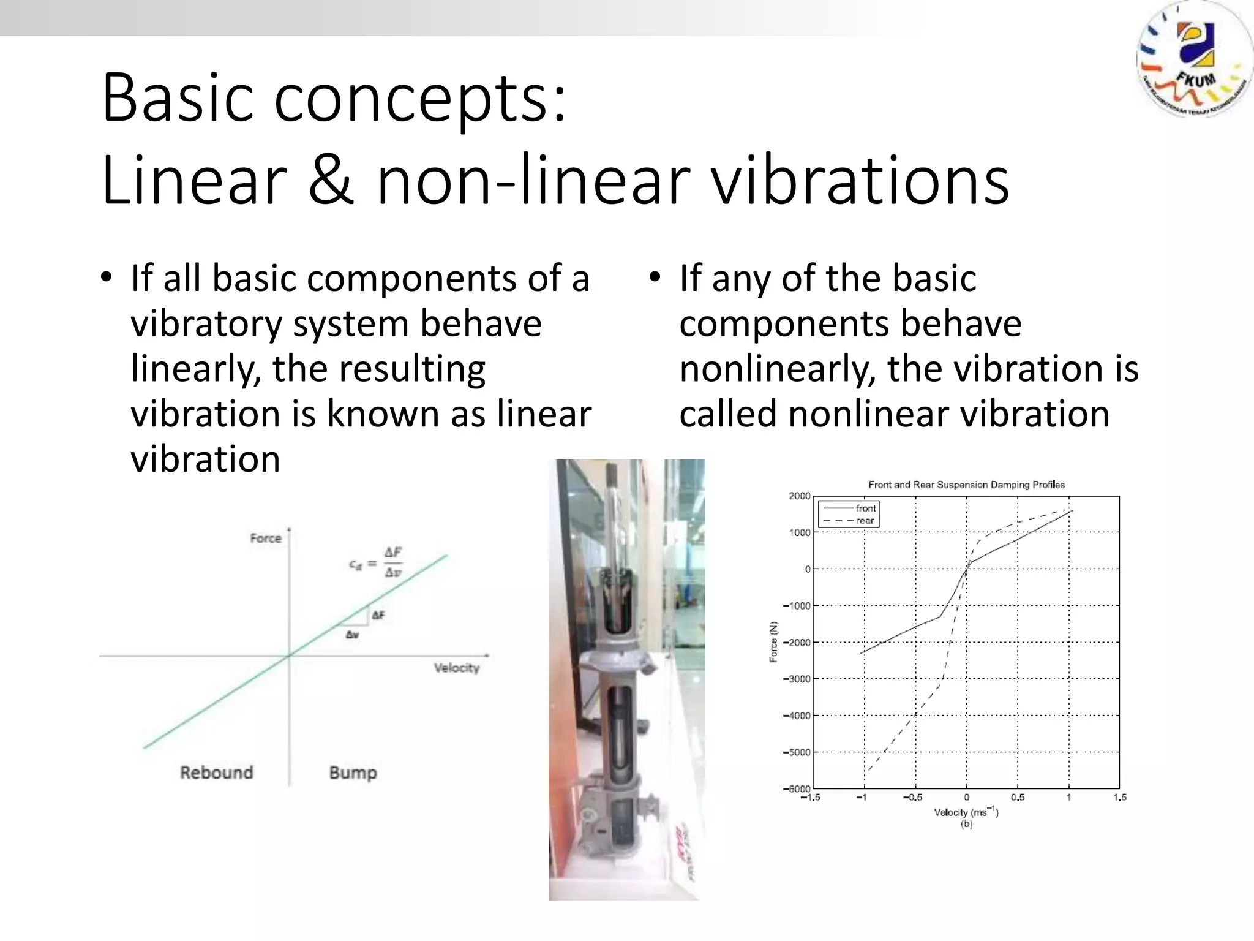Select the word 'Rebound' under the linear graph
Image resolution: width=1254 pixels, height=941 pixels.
(x=216, y=772)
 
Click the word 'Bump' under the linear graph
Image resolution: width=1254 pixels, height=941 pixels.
(x=353, y=773)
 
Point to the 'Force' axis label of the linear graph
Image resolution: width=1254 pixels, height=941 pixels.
(x=266, y=539)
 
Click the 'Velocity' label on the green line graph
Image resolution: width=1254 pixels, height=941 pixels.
(x=456, y=668)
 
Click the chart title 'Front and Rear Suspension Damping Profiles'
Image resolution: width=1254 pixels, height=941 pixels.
(x=966, y=485)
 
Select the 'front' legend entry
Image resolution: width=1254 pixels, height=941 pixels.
(x=865, y=508)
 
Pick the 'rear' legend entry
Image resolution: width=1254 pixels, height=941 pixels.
(x=865, y=521)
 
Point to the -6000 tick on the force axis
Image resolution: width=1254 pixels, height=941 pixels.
(x=797, y=788)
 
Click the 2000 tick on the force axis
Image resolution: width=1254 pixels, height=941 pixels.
(x=799, y=496)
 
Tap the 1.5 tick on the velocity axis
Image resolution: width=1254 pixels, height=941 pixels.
(x=1120, y=798)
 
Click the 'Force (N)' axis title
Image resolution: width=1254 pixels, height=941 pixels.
(x=773, y=642)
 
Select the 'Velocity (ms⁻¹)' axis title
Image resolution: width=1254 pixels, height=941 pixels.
(x=966, y=812)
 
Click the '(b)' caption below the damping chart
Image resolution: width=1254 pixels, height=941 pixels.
(x=966, y=825)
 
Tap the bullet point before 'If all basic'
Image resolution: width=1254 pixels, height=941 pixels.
(x=107, y=278)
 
